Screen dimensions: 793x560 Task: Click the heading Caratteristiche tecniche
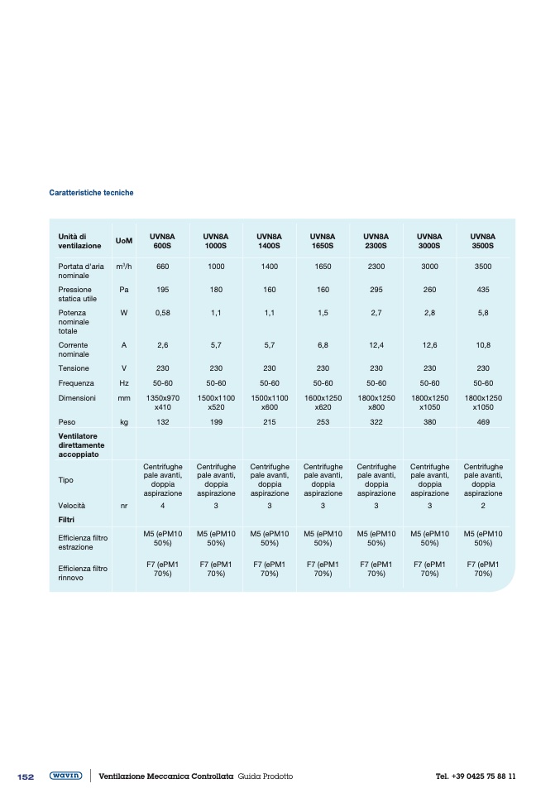point(91,193)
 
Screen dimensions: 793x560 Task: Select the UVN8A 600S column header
point(162,241)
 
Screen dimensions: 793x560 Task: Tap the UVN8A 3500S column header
point(483,241)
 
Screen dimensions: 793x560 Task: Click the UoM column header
point(124,241)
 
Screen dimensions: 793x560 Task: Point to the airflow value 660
point(162,266)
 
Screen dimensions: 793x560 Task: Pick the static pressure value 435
point(483,291)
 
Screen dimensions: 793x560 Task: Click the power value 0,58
point(162,314)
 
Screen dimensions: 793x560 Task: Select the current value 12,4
point(376,344)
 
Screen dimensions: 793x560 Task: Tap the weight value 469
point(483,422)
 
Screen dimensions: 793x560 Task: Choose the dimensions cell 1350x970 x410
point(162,402)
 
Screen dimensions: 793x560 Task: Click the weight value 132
point(162,422)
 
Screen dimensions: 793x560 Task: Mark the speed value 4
point(162,504)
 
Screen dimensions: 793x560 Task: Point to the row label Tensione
point(74,368)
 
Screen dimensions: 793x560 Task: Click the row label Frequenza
point(76,383)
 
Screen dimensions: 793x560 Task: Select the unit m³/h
point(124,266)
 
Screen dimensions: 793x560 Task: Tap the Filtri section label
point(67,519)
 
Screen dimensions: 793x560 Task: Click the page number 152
point(26,776)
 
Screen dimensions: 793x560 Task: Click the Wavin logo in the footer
point(65,776)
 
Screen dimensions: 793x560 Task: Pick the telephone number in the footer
point(475,776)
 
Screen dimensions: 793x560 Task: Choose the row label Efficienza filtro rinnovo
point(83,573)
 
